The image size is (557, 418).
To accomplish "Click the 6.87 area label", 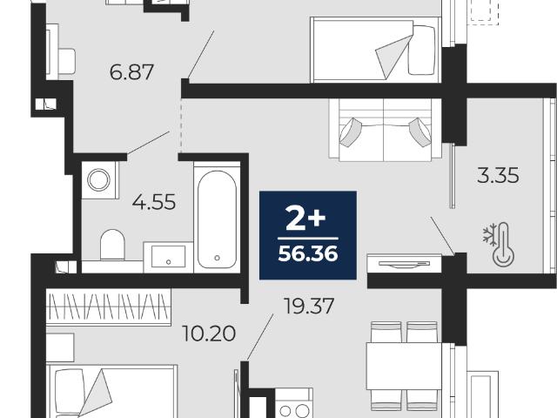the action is [x=131, y=72].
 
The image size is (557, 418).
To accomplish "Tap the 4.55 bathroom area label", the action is [x=154, y=202].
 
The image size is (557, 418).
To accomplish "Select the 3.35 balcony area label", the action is [x=498, y=175].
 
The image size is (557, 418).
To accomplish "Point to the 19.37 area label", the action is [x=309, y=306].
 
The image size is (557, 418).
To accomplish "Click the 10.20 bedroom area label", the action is [x=209, y=334].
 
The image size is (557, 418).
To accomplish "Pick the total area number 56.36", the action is [x=308, y=253].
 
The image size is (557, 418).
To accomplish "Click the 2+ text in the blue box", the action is [x=305, y=219].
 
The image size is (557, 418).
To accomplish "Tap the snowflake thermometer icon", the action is [x=499, y=245].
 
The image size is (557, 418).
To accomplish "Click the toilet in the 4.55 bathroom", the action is [x=112, y=245].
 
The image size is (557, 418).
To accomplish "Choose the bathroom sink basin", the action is [x=168, y=257].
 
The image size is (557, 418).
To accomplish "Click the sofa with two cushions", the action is [x=386, y=130].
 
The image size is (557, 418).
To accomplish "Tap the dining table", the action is [x=404, y=366].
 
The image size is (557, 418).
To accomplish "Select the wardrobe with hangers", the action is [x=109, y=307].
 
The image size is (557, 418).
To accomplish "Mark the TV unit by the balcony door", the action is [x=404, y=264].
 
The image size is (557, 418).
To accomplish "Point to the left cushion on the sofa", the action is [x=350, y=131].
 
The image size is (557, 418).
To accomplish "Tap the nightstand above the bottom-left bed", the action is [x=60, y=347].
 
